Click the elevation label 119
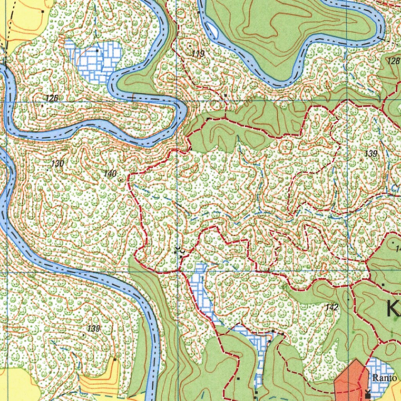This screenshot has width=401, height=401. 198,54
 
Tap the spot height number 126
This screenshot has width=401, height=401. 51,98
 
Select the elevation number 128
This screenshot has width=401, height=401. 393,61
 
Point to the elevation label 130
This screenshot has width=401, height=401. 57,164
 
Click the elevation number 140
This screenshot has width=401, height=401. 110,173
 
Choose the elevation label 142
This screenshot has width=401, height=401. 331,307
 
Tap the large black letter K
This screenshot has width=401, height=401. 393,309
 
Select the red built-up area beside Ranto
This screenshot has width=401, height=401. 350,380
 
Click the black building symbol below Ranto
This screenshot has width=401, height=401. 367,396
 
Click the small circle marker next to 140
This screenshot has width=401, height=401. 121,180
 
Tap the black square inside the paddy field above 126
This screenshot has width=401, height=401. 97,51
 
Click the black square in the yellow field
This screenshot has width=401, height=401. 43,12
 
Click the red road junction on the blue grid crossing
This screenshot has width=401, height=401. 179,270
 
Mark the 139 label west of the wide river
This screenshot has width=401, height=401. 94,329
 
